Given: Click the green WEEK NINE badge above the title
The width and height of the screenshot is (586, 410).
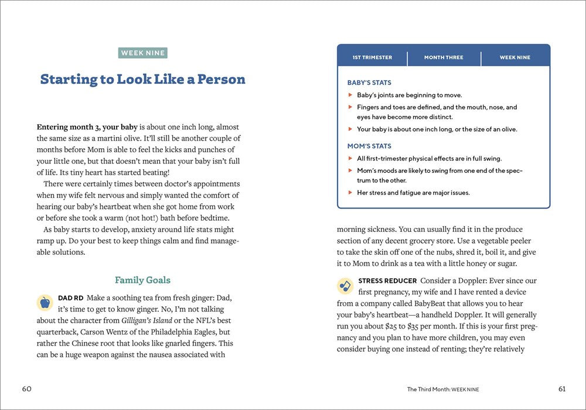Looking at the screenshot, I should pos(143,53).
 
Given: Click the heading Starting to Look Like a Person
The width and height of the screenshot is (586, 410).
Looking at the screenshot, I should pos(142,79).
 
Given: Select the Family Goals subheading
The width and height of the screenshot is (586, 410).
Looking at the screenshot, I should pos(142,280).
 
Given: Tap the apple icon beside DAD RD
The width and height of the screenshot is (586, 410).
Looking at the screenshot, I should pos(45,302).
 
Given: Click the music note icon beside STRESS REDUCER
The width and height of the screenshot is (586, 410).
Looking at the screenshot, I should pos(345,286).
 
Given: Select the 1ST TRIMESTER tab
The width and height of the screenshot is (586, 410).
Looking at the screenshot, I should pos(372,57).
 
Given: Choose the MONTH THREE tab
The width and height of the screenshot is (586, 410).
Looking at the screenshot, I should pos(444,57).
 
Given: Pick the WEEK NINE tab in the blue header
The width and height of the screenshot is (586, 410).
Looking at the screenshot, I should pos(515,57).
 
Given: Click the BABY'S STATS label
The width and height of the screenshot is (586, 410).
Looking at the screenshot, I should pos(369,83).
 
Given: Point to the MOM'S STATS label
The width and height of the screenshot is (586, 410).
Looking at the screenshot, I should pos(369,146).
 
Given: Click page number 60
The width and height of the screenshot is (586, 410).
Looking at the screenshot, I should pos(27,389).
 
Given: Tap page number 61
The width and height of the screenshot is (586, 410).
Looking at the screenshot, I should pos(562,389).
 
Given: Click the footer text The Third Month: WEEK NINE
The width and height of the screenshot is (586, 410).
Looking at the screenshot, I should pos(447,389).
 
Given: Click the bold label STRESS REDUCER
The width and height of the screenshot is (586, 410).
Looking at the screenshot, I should pos(387,281).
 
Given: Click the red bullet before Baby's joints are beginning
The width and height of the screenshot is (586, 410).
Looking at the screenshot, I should pos(350,95).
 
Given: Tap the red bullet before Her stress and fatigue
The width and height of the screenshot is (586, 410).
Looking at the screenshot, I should pos(350,193).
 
